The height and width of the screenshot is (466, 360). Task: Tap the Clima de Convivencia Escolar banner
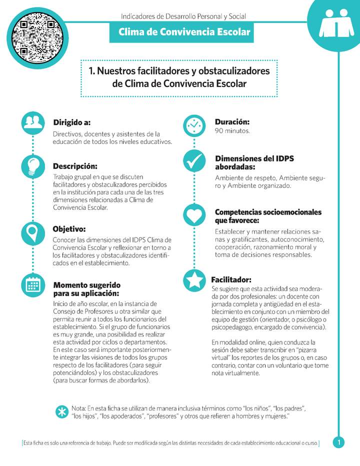(184, 32)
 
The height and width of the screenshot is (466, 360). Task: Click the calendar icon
(33, 285)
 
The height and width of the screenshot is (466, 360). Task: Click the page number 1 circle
(338, 442)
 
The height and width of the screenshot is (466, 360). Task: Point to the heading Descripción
(75, 166)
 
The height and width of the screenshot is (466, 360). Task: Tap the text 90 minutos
(232, 131)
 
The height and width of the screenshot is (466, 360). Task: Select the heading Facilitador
(231, 279)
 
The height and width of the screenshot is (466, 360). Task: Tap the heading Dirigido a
(71, 122)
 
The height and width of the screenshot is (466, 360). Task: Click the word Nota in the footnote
(78, 408)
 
